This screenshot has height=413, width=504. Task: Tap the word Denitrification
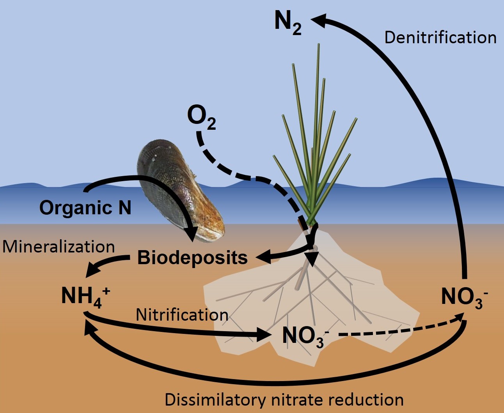coord(440,38)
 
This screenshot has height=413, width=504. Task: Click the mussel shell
coord(180,191)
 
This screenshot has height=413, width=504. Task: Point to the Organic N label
coord(85,207)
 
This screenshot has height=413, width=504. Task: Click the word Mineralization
coord(59,247)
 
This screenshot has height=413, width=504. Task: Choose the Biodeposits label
coord(192,258)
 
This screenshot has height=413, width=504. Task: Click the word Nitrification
coord(182,315)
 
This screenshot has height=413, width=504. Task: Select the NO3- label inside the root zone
coord(305,336)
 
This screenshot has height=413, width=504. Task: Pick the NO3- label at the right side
coord(464,297)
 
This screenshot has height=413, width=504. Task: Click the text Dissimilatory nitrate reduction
coord(284,400)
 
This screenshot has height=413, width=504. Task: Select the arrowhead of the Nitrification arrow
coord(264,334)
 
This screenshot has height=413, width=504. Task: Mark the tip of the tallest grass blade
coord(319,44)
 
